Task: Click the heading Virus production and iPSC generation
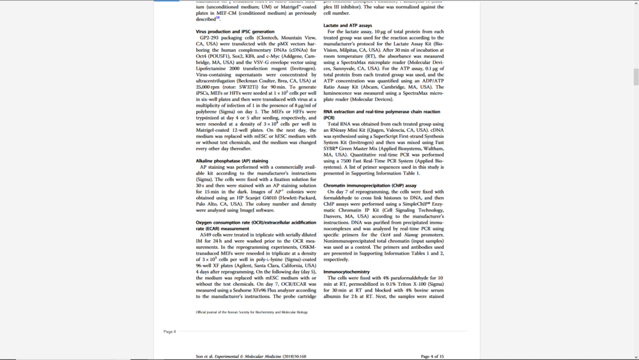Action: pyautogui.click(x=235, y=31)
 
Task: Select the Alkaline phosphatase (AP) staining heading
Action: pyautogui.click(x=232, y=161)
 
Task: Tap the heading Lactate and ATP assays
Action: pyautogui.click(x=348, y=26)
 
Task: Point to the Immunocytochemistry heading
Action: pyautogui.click(x=346, y=272)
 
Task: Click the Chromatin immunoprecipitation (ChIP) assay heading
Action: pyautogui.click(x=370, y=185)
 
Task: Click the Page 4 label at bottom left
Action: pyautogui.click(x=169, y=332)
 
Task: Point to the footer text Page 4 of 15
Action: pyautogui.click(x=432, y=356)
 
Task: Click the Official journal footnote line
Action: pyautogui.click(x=251, y=312)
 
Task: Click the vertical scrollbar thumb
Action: pyautogui.click(x=636, y=77)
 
